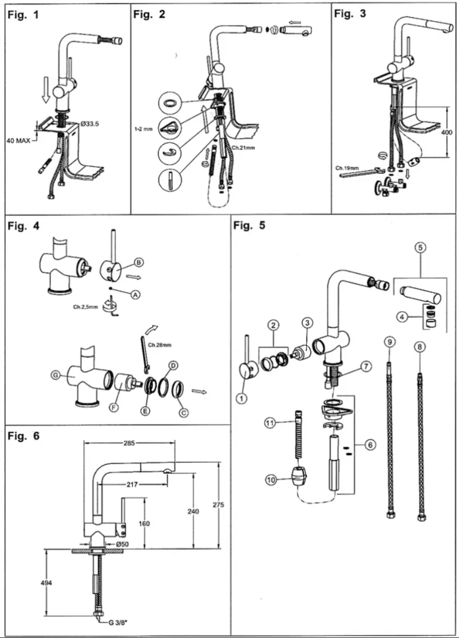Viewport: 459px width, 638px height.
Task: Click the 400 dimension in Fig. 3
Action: click(447, 132)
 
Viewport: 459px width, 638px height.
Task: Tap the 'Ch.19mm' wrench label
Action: click(346, 168)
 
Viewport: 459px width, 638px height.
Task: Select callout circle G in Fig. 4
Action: click(55, 375)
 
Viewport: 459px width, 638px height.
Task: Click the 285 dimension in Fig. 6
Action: click(128, 443)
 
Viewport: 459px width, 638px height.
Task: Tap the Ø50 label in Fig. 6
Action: click(121, 544)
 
